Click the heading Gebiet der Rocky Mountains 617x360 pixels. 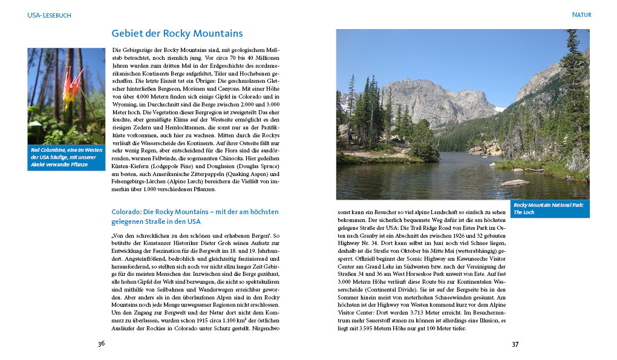tap(177, 34)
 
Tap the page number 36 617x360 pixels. tap(101, 344)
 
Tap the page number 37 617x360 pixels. tap(515, 344)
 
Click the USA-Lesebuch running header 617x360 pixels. tap(49, 15)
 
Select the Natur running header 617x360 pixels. tap(581, 15)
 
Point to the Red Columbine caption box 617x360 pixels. tap(66, 157)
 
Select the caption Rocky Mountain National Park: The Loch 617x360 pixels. tap(549, 209)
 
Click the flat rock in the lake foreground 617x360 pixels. tap(515, 182)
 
